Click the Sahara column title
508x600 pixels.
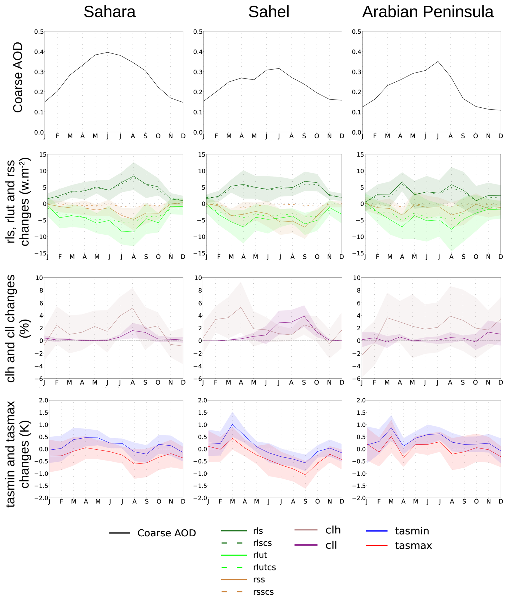coord(110,12)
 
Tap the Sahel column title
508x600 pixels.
coord(269,12)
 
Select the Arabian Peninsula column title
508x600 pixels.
coord(428,12)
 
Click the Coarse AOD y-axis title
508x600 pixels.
coord(18,77)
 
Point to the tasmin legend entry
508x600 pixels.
coord(412,531)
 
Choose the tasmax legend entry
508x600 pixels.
coord(413,545)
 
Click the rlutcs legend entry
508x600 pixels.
coord(264,567)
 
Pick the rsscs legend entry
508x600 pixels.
coord(263,592)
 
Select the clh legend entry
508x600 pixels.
coord(333,530)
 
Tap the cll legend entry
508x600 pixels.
coord(331,545)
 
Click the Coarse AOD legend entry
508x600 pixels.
coord(166,533)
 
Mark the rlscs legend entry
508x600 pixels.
coord(262,543)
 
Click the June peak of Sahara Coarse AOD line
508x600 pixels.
coord(108,52)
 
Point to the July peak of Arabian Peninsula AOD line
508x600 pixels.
coord(438,61)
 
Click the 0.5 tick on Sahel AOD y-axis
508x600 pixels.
coord(198,31)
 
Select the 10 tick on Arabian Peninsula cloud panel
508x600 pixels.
coord(357,278)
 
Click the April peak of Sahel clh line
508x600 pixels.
coord(241,307)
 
